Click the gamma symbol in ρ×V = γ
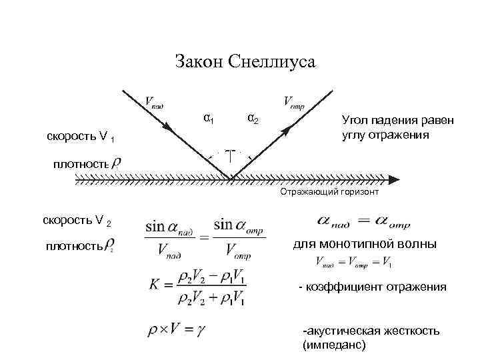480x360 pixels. (x=199, y=329)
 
